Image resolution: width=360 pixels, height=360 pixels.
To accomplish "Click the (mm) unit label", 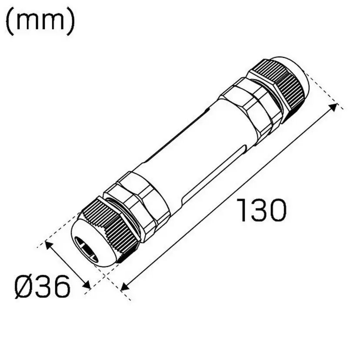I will (40, 21).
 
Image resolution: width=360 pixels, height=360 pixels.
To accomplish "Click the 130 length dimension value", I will (262, 210).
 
